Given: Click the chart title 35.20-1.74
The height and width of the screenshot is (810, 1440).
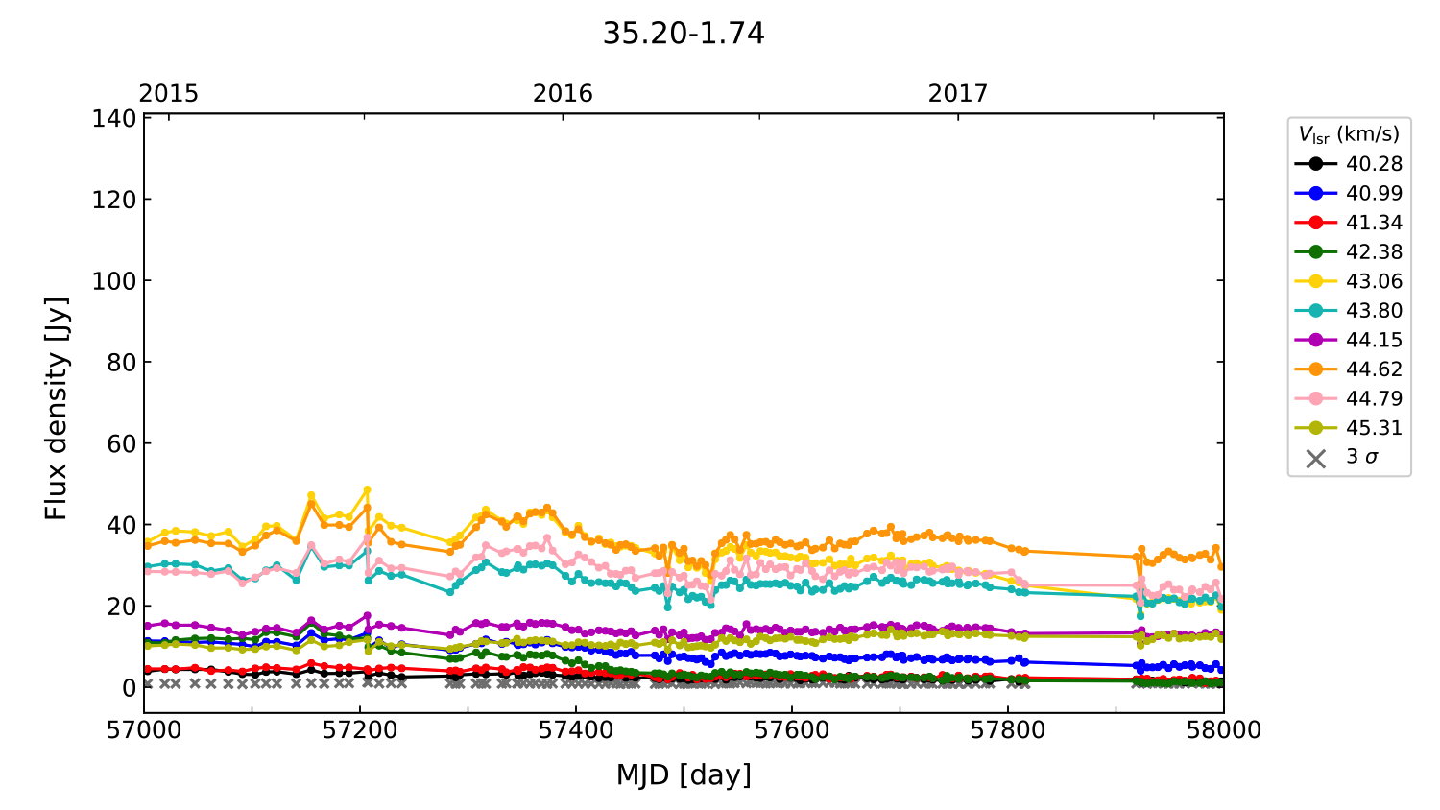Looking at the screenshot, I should pos(684,34).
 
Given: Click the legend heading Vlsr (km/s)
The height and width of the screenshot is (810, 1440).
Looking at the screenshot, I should pos(1349,134).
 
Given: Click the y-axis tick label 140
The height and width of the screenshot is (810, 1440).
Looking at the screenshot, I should pos(114,119).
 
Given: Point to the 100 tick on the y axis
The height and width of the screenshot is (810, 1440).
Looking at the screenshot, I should pos(114,281).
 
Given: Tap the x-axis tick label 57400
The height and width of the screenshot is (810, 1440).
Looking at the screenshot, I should pos(576,730).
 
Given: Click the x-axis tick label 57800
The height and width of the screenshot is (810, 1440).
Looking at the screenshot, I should pos(1008,730).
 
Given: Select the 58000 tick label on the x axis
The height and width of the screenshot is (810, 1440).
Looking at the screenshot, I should pos(1223,730).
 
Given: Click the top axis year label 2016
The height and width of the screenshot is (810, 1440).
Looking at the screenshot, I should pos(563,93).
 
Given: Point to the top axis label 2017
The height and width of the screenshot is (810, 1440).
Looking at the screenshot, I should pos(957,93).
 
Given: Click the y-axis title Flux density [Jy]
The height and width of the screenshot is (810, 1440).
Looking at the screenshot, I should pos(57,408).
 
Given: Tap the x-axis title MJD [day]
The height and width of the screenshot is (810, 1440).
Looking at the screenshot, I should pos(684,774).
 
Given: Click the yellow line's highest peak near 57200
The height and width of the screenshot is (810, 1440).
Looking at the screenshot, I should pos(367,489).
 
